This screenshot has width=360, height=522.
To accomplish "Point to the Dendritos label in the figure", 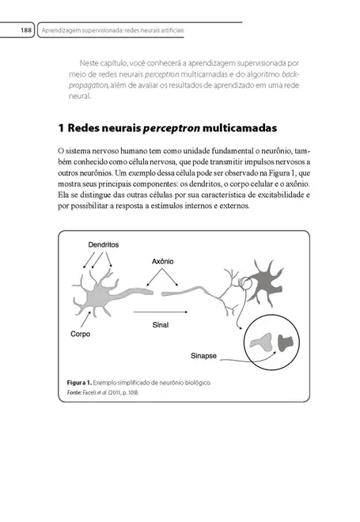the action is click(x=104, y=245).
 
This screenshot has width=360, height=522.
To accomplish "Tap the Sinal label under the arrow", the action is click(x=161, y=323).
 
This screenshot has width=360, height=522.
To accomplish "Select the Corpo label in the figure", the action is click(x=80, y=334).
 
